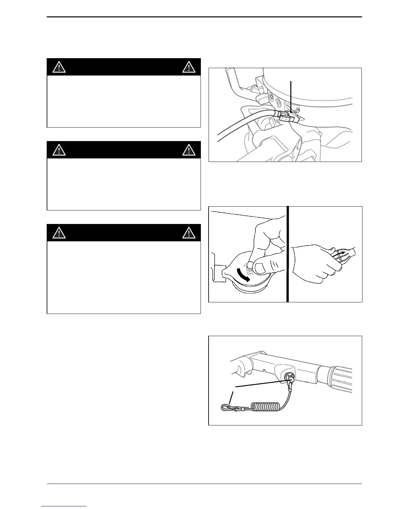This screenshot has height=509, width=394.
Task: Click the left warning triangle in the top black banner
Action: tap(59, 67)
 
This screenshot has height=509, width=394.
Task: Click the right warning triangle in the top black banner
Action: tap(189, 67)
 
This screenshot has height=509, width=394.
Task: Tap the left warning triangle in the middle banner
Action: tap(59, 150)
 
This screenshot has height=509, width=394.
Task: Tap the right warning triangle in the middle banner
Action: tap(189, 150)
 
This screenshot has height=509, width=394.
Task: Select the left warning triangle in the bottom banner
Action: tap(59, 233)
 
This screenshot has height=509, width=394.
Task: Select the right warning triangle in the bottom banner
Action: tap(189, 233)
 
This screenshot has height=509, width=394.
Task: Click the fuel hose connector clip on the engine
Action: tap(288, 118)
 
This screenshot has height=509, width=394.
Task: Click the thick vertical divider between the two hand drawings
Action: tap(287, 254)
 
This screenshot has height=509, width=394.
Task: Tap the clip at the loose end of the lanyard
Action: tap(227, 408)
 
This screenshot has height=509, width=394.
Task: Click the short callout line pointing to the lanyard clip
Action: tap(231, 398)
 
